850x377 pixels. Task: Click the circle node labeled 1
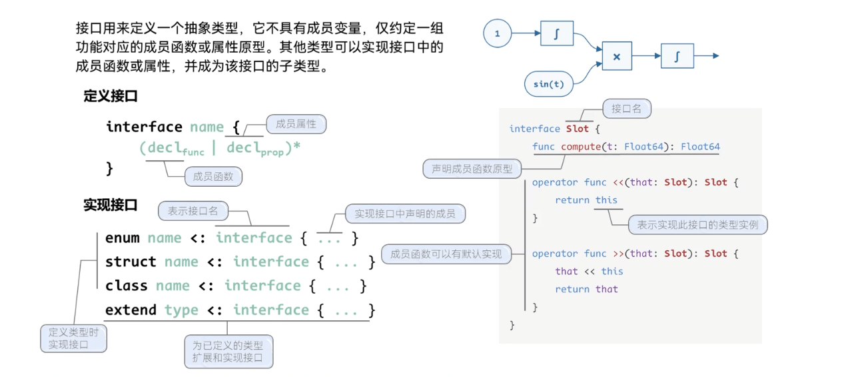[497, 33]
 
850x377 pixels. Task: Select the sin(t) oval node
[548, 84]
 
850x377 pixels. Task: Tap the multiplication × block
[616, 57]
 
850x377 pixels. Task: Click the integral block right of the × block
[677, 57]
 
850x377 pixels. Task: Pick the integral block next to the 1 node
[556, 34]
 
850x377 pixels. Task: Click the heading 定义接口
[111, 96]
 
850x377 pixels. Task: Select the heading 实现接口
[111, 205]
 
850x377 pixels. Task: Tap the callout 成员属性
[296, 124]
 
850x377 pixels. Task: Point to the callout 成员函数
[213, 177]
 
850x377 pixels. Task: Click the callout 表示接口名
[193, 211]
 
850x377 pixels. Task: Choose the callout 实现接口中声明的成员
[405, 214]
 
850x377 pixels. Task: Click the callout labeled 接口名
[626, 109]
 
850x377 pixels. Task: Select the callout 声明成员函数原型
[472, 169]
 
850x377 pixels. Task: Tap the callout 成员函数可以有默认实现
[446, 254]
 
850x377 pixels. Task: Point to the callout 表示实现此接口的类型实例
[697, 225]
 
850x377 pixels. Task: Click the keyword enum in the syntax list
[123, 238]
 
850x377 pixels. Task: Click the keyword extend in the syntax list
[131, 310]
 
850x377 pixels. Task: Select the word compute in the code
[580, 147]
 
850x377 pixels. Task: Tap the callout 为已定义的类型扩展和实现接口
[228, 352]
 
